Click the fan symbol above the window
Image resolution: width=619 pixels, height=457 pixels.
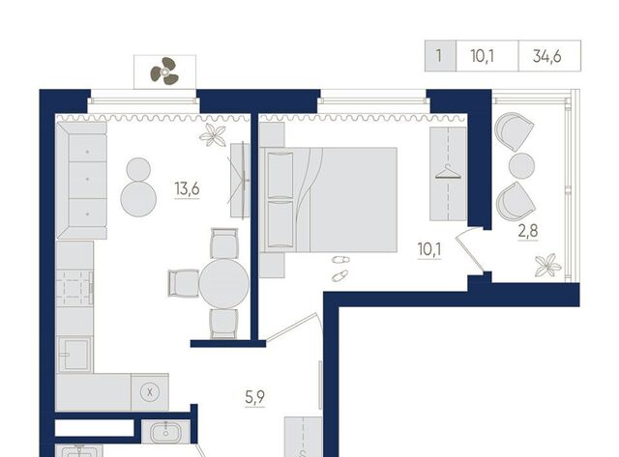164,71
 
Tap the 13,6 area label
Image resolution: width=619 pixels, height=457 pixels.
187,188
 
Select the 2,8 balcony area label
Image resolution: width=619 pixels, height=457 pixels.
528,231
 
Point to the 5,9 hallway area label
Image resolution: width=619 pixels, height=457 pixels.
255,397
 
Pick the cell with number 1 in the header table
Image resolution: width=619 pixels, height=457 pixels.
439,56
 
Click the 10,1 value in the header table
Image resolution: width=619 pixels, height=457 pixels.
483,56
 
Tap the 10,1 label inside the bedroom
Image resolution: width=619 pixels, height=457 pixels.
429,249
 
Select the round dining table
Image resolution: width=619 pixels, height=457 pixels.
223,283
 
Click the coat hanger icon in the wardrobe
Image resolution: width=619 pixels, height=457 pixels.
448,172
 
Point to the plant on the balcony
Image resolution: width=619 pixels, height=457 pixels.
547,265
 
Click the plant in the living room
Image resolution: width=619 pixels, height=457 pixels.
213,135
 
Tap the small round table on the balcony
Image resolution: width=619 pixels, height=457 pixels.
521,165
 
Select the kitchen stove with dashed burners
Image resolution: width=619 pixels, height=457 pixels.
74,288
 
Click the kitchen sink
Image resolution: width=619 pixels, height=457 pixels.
74,354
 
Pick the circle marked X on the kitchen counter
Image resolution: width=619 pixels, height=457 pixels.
150,392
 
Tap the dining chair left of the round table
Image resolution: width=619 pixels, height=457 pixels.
184,283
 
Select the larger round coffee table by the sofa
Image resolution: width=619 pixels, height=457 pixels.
138,199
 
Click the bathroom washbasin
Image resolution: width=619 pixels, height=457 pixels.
165,431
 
